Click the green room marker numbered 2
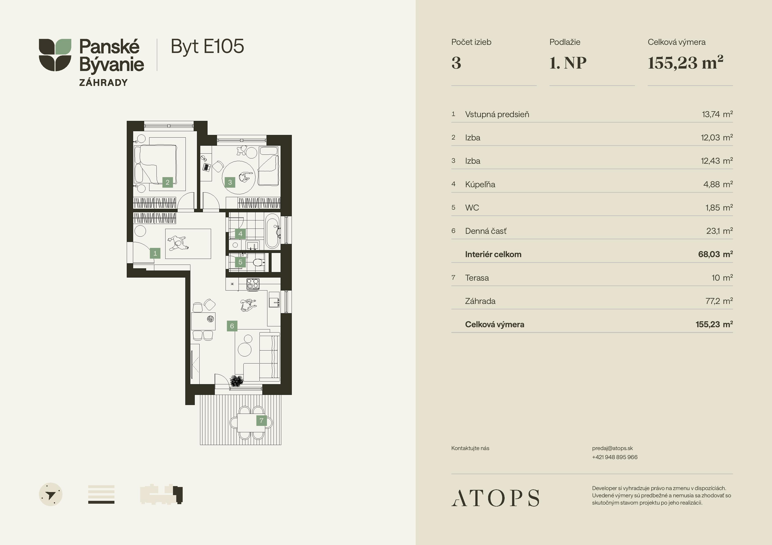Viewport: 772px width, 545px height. [167, 182]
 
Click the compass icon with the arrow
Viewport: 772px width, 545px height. [51, 494]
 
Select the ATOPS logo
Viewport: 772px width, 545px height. [495, 498]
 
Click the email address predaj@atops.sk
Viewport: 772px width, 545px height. [612, 448]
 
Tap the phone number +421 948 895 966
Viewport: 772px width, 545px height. [615, 457]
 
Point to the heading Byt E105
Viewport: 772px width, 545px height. [208, 47]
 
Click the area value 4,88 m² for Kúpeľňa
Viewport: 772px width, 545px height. [718, 184]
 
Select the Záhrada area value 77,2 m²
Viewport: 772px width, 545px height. [719, 301]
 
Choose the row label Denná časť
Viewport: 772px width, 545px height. [485, 231]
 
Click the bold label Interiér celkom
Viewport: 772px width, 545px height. [493, 254]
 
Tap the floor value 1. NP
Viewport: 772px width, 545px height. [568, 63]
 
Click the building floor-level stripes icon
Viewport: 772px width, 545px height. [101, 494]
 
